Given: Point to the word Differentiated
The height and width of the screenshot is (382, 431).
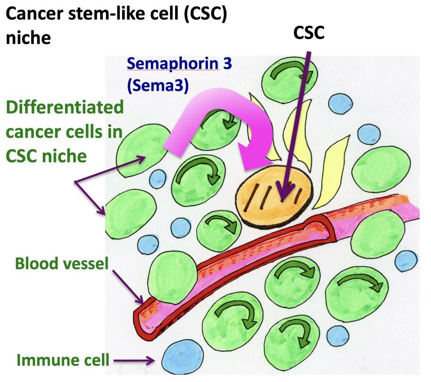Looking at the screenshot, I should [x=65, y=108].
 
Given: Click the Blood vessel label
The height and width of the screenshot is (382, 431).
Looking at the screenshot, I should [x=62, y=263].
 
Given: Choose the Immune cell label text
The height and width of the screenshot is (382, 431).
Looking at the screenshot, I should [x=63, y=359].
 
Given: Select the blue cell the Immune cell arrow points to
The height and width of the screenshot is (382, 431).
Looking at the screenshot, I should [x=176, y=355].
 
